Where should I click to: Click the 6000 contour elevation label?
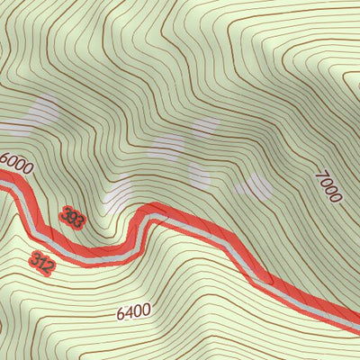coord(16,163)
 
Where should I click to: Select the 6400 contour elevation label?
coord(133,312)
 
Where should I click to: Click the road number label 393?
coord(72,216)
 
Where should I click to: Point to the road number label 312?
coord(41,262)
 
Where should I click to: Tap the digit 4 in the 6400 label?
coord(129,313)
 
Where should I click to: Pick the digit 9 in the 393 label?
coord(72,216)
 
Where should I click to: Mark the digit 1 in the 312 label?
coord(41,262)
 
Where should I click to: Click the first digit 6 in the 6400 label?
coord(121,315)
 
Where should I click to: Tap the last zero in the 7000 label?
coord(336,196)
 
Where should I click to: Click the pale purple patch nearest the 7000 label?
coord(254,185)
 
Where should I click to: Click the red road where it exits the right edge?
coord(356,320)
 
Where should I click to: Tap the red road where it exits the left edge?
coord(3,180)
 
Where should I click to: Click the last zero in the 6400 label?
coord(146,310)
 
